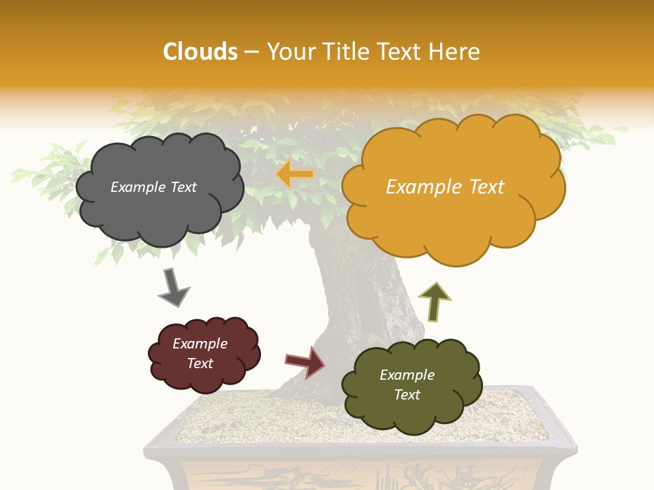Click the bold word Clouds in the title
click(200, 52)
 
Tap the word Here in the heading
click(456, 52)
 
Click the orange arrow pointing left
click(294, 174)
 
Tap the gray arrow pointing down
click(173, 288)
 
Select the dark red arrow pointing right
click(305, 361)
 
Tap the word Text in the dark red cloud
click(200, 363)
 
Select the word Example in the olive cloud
click(407, 375)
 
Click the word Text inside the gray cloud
click(183, 187)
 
